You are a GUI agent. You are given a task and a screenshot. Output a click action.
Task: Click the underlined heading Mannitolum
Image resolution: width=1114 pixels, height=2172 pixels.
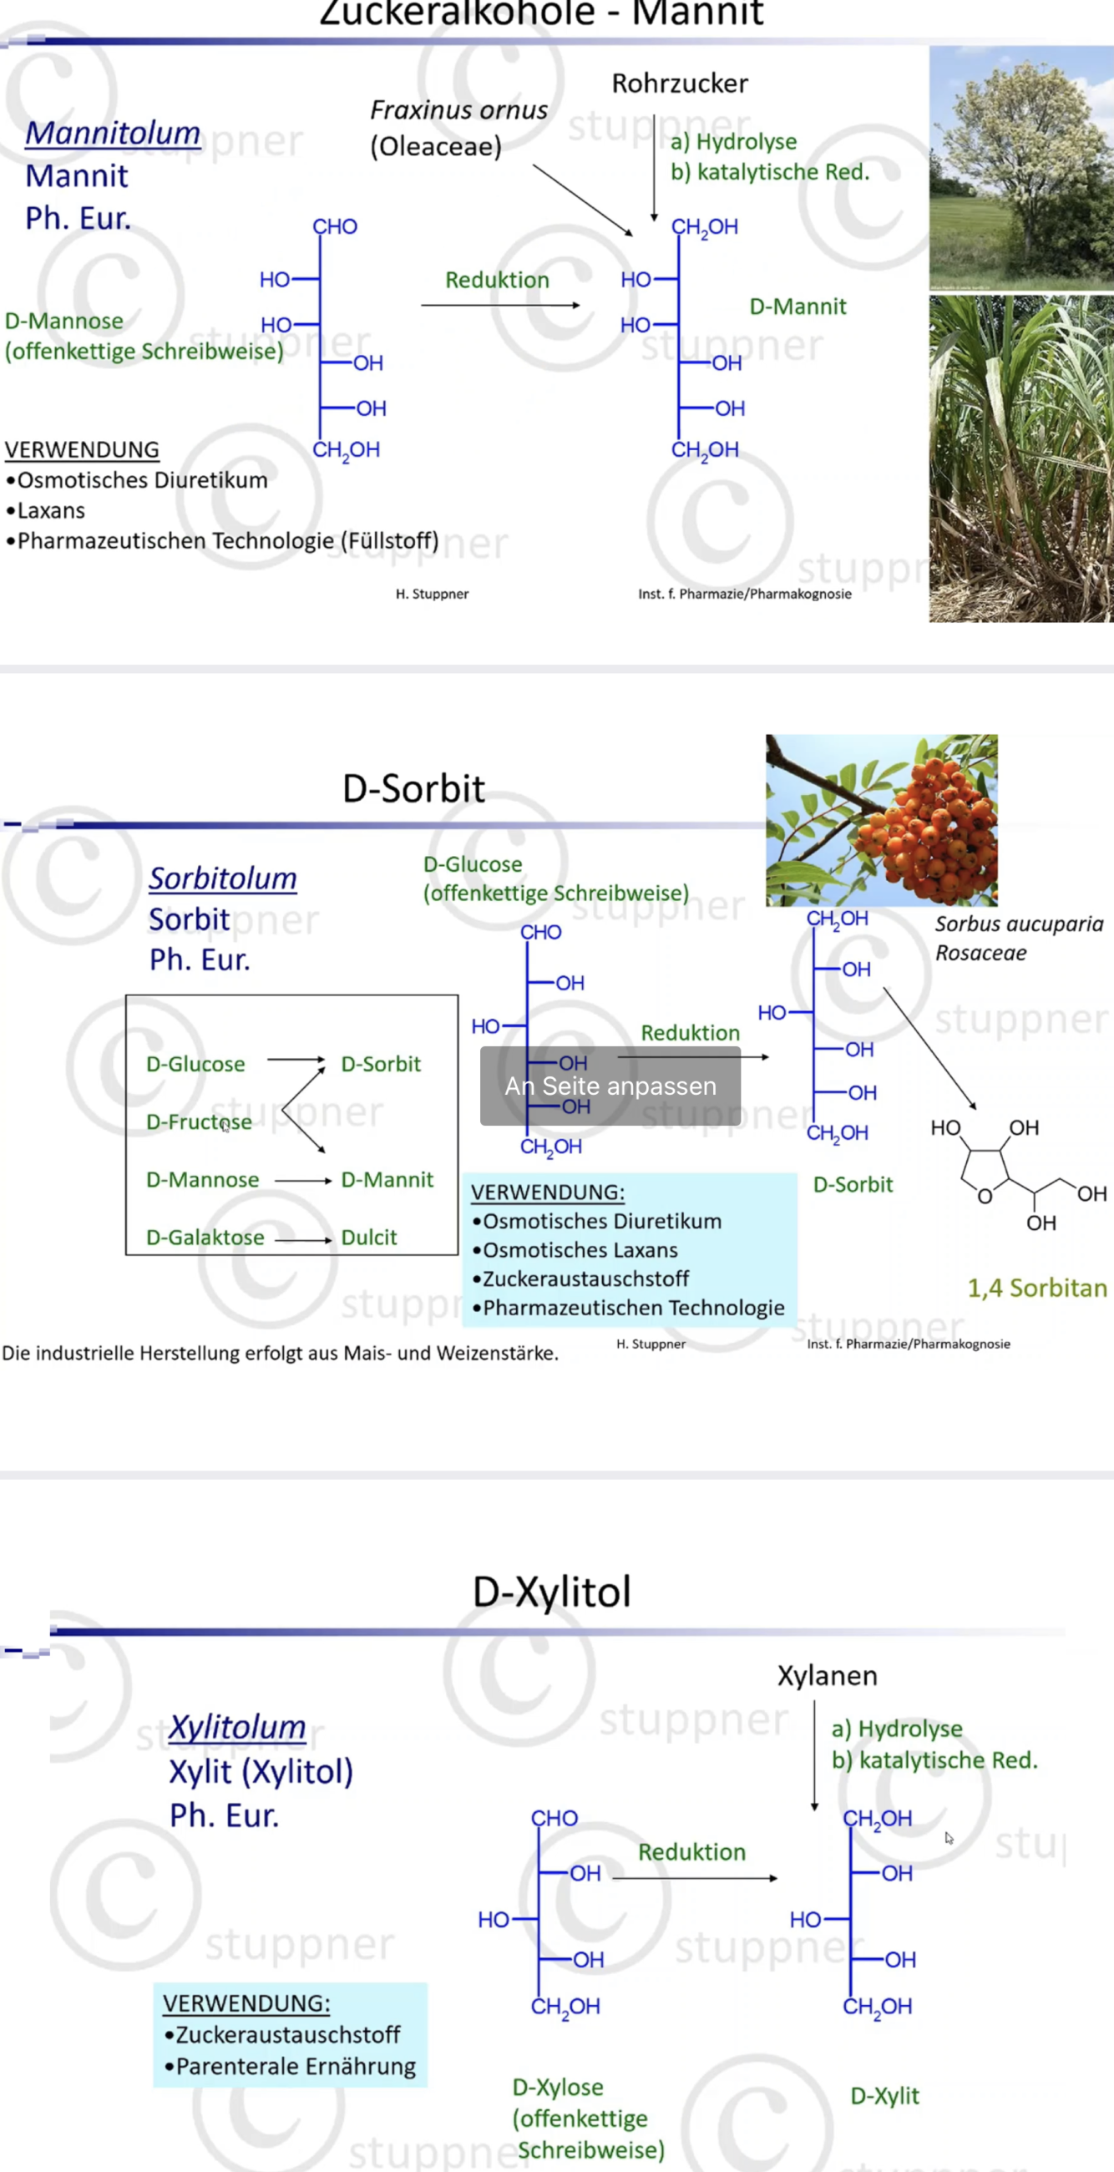click(113, 134)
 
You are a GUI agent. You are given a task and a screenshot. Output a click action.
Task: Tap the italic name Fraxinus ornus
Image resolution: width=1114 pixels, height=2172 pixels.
click(458, 110)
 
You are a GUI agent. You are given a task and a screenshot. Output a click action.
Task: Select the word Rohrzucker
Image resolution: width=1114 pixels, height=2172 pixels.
click(680, 84)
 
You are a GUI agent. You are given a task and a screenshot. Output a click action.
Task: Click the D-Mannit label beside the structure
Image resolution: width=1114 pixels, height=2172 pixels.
click(797, 306)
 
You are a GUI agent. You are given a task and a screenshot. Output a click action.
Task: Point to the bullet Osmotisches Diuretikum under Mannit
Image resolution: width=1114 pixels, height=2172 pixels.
click(142, 481)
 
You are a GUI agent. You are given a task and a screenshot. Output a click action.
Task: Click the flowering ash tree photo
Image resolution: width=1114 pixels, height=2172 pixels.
click(1020, 168)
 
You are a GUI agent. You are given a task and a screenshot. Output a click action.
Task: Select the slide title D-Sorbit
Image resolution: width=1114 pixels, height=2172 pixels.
click(413, 789)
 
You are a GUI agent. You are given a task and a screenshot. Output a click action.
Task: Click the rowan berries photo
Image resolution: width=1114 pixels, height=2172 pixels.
click(881, 819)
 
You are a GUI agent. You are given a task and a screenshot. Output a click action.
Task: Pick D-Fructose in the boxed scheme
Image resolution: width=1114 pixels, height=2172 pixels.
click(199, 1122)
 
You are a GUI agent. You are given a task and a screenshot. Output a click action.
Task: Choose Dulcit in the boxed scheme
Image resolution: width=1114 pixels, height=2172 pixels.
click(368, 1238)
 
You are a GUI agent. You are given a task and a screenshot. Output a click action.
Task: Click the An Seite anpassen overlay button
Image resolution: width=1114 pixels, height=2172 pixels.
click(610, 1086)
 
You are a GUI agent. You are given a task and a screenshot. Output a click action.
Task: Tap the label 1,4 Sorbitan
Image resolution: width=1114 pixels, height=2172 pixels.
click(1036, 1289)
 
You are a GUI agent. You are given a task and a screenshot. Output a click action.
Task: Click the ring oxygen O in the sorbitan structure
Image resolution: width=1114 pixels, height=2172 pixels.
click(984, 1197)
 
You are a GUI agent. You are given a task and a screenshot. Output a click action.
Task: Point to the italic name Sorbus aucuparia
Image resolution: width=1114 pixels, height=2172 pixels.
click(1019, 924)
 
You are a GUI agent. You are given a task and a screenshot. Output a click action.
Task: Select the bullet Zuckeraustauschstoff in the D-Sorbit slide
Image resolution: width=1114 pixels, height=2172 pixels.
click(585, 1279)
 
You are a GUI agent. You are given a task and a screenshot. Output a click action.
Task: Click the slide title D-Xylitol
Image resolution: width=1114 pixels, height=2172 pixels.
click(551, 1592)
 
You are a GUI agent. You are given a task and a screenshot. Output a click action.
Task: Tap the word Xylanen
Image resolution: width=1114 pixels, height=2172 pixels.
click(827, 1675)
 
